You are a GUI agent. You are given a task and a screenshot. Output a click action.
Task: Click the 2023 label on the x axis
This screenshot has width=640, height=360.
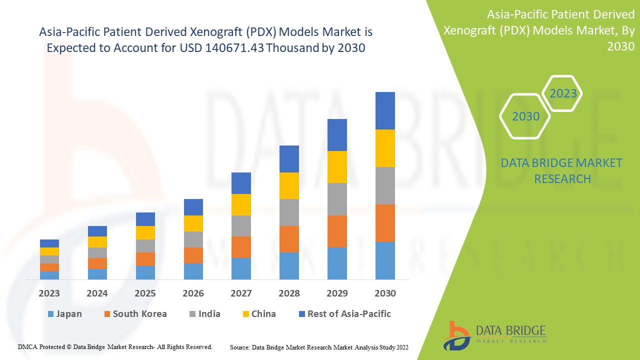(x=49, y=293)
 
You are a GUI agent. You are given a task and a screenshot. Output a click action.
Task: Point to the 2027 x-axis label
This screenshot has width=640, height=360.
(x=241, y=293)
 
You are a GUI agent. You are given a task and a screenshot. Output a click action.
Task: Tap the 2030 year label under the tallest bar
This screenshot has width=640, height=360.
(x=385, y=293)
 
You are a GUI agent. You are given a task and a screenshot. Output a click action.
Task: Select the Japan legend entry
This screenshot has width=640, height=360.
(x=64, y=314)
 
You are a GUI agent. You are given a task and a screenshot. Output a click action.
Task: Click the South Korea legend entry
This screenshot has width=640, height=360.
(x=135, y=314)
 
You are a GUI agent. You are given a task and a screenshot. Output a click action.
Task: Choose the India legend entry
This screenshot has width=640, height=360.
(x=204, y=314)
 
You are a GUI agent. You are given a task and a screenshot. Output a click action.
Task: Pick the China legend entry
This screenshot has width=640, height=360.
(x=258, y=314)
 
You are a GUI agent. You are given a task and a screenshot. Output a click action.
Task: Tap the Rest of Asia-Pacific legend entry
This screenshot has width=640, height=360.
(x=344, y=314)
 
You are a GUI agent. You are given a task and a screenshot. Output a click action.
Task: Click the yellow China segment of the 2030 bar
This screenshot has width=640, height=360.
(x=385, y=148)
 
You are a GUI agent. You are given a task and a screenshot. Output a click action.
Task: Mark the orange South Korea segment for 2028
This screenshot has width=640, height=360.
(x=289, y=239)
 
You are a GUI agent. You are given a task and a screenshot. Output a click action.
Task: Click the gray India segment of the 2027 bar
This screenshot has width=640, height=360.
(x=241, y=226)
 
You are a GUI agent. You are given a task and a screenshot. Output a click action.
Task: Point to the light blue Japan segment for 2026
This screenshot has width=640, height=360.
(x=193, y=271)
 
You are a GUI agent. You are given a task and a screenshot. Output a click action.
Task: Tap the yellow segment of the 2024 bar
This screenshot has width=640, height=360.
(x=97, y=242)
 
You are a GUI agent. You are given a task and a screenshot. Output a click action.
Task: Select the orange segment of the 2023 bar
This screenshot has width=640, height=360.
(x=49, y=267)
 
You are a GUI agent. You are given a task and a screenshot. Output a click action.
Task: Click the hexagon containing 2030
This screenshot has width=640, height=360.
(x=525, y=116)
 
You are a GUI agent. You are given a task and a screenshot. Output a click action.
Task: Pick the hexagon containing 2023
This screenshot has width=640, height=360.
(x=562, y=93)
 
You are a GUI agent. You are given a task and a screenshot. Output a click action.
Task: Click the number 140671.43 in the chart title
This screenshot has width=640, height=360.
(x=233, y=48)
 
